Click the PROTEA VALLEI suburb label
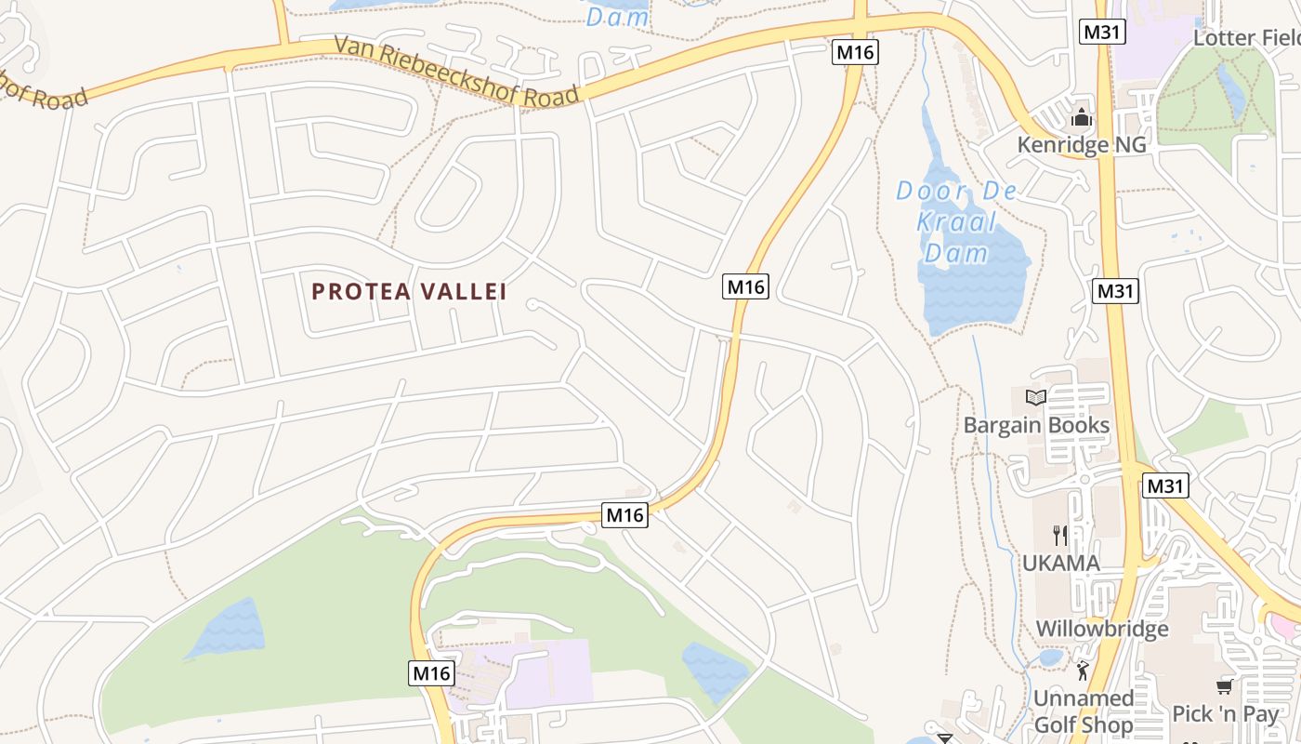[409, 292]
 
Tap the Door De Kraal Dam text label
[956, 221]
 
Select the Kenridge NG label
[1082, 145]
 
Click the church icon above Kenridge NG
[1081, 118]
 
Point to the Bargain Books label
[1036, 425]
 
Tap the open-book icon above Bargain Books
[1036, 398]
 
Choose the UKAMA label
[1060, 563]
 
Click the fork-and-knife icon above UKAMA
[1060, 535]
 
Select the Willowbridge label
[1102, 629]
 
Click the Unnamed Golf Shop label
[1084, 711]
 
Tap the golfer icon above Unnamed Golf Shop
[1083, 671]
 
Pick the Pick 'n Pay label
[1225, 714]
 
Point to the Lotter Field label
[1246, 38]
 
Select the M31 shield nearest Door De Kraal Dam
[1115, 291]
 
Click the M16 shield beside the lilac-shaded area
[431, 673]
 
